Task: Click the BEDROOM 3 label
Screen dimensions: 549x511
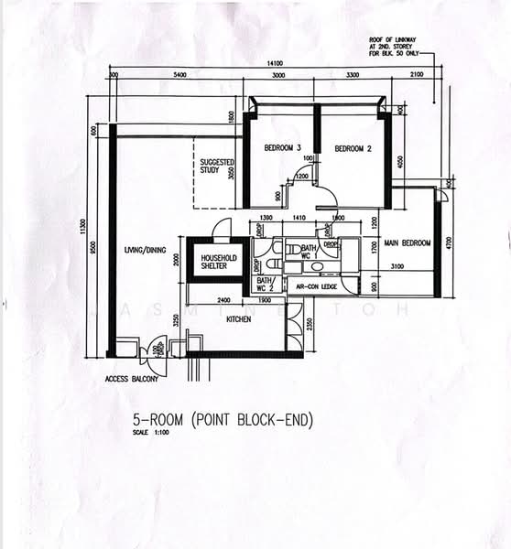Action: (283, 148)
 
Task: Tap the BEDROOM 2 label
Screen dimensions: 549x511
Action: (352, 148)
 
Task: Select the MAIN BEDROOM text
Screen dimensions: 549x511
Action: (408, 243)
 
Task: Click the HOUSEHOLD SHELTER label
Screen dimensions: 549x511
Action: (219, 263)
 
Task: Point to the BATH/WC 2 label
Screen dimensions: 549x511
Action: (266, 284)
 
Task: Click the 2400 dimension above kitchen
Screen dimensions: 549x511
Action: (223, 300)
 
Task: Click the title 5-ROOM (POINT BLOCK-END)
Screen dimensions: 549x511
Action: (223, 420)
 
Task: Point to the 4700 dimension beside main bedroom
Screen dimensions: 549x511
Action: (451, 243)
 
